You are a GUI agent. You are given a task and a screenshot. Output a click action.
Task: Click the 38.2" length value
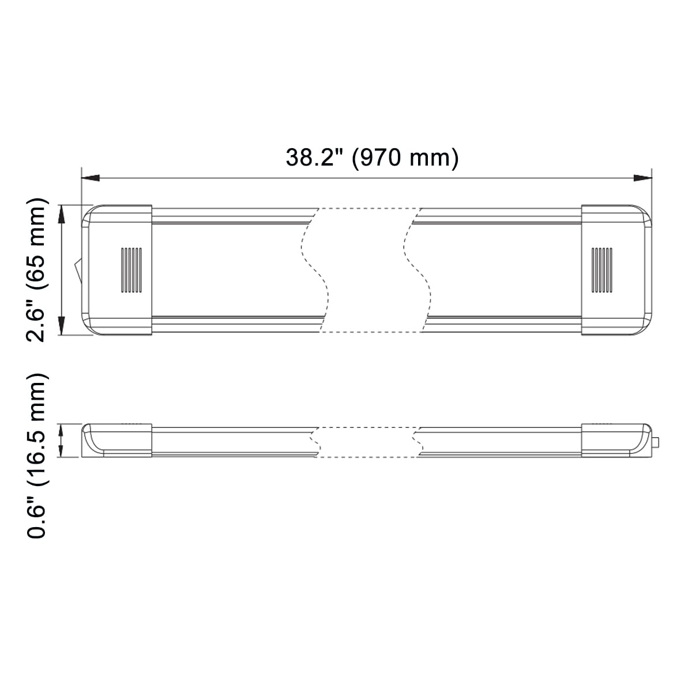click(x=314, y=157)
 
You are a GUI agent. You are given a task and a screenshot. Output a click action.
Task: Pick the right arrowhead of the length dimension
click(x=642, y=178)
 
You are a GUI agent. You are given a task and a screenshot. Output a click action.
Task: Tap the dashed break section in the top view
click(x=366, y=270)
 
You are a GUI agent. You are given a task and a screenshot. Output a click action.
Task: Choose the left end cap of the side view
click(x=117, y=441)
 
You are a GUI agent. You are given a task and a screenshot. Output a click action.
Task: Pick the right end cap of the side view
click(x=615, y=441)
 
